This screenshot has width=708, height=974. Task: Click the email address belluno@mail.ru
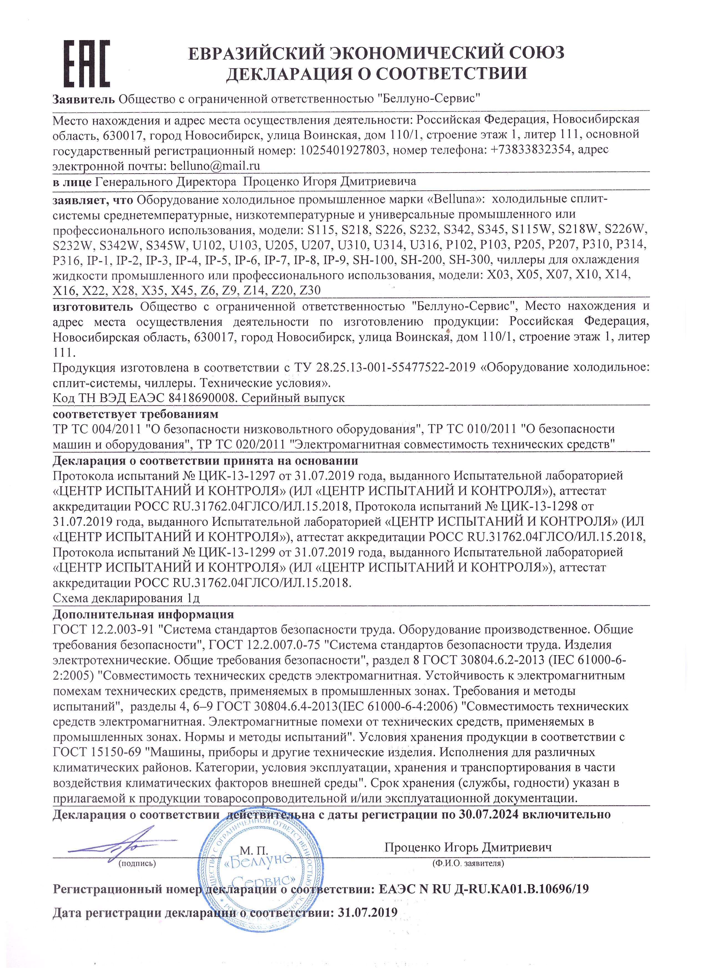point(215,166)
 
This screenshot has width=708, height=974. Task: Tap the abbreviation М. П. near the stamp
point(254,850)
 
